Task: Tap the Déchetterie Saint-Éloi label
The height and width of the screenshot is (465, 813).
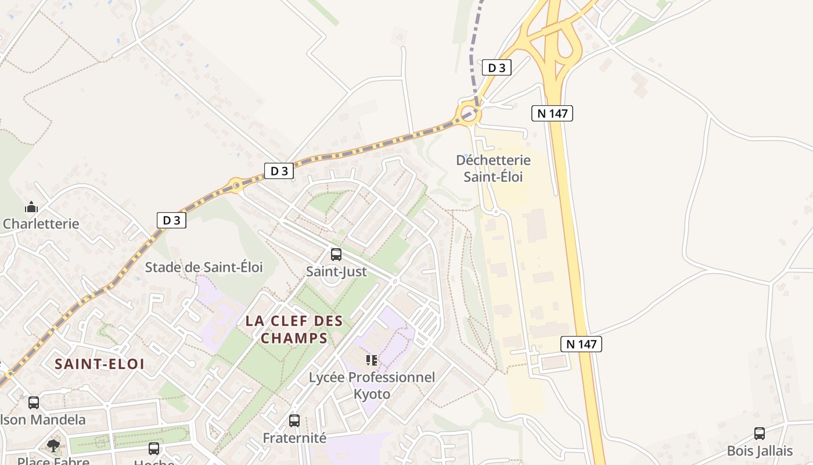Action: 493,168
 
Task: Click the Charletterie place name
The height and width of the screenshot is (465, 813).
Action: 41,224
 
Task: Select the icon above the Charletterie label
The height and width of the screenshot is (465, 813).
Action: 31,207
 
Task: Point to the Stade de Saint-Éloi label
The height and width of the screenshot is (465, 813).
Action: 204,267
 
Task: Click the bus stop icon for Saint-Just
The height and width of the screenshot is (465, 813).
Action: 336,254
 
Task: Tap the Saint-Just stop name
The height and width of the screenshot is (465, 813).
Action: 336,271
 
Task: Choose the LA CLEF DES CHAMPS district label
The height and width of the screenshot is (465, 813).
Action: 294,329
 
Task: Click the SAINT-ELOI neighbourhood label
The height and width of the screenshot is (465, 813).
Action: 99,364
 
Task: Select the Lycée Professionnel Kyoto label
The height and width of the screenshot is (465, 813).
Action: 372,385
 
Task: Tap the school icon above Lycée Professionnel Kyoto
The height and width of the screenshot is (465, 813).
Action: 372,360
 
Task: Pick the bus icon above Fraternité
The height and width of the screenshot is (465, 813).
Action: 294,420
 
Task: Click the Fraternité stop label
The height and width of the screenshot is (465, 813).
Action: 294,438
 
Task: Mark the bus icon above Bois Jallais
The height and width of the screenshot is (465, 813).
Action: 759,433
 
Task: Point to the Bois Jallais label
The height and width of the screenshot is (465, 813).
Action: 760,451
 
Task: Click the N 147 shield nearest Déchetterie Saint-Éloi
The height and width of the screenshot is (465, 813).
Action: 552,113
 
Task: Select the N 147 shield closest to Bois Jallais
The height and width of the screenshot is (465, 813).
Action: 581,344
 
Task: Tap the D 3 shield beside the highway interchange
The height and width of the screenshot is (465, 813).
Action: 497,68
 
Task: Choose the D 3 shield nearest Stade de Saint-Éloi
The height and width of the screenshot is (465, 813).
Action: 171,220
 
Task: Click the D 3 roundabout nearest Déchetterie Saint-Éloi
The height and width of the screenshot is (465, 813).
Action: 468,113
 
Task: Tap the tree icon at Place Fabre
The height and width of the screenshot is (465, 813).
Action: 53,446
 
